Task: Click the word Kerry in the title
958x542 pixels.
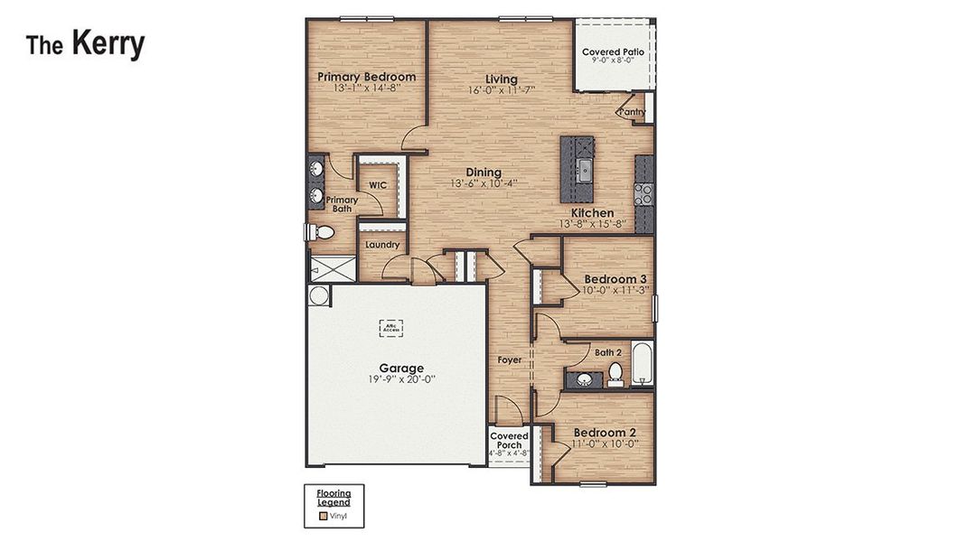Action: point(108,43)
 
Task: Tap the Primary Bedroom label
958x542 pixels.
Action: point(366,77)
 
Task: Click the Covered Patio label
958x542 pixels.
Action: point(613,52)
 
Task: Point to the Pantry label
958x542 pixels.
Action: point(632,112)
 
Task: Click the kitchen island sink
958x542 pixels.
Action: point(585,167)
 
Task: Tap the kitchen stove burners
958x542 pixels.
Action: point(643,193)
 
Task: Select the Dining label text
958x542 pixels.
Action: point(484,173)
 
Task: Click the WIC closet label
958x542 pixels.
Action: point(378,185)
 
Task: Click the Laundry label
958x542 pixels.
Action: point(382,245)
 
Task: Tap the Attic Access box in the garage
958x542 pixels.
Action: point(390,328)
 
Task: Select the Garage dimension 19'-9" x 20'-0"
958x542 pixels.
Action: point(401,381)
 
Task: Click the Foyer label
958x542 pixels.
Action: point(510,360)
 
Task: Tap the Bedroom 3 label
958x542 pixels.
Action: point(614,278)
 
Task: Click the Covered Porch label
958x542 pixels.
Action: point(509,441)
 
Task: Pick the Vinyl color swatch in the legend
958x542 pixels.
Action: point(322,517)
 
